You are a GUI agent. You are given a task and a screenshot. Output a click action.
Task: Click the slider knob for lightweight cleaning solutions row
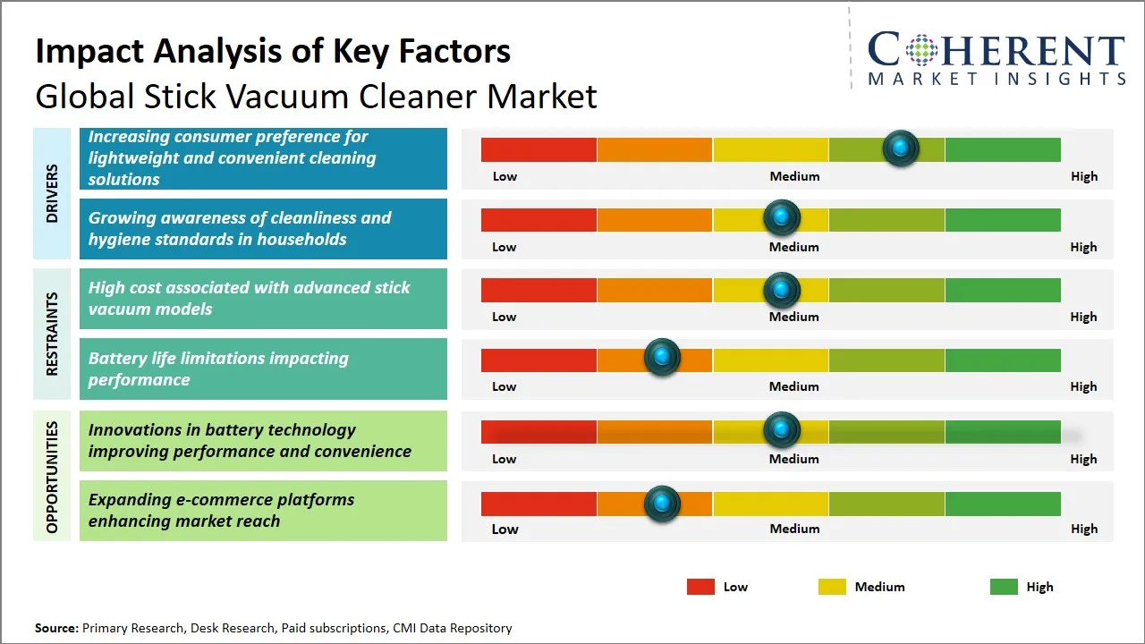(901, 148)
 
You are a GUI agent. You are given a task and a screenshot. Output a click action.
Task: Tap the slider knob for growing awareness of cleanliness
(782, 217)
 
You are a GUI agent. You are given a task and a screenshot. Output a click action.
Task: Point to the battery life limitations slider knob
(662, 357)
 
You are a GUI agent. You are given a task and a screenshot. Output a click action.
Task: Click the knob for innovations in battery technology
(782, 430)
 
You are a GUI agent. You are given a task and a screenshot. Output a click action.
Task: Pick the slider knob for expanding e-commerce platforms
(662, 504)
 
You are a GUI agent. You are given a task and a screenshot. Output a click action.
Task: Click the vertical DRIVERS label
(52, 193)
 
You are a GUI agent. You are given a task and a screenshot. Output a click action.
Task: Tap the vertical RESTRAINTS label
(52, 334)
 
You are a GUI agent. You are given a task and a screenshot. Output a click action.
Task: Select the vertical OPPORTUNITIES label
(52, 477)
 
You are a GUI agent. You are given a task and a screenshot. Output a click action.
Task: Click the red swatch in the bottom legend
(700, 587)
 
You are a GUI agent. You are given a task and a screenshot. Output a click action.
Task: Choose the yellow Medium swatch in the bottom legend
(832, 587)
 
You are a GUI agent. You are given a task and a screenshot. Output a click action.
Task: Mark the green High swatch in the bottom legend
(1004, 587)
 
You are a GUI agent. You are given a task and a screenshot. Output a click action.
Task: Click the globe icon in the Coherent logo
(921, 50)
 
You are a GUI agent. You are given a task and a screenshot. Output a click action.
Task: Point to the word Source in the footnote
(56, 628)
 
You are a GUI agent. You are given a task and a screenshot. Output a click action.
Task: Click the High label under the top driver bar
(1084, 177)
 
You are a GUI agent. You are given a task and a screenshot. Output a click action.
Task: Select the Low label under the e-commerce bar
(505, 529)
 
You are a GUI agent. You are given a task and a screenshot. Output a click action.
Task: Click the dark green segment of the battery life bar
(1003, 360)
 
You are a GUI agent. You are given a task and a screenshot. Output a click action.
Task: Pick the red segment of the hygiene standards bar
(539, 220)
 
